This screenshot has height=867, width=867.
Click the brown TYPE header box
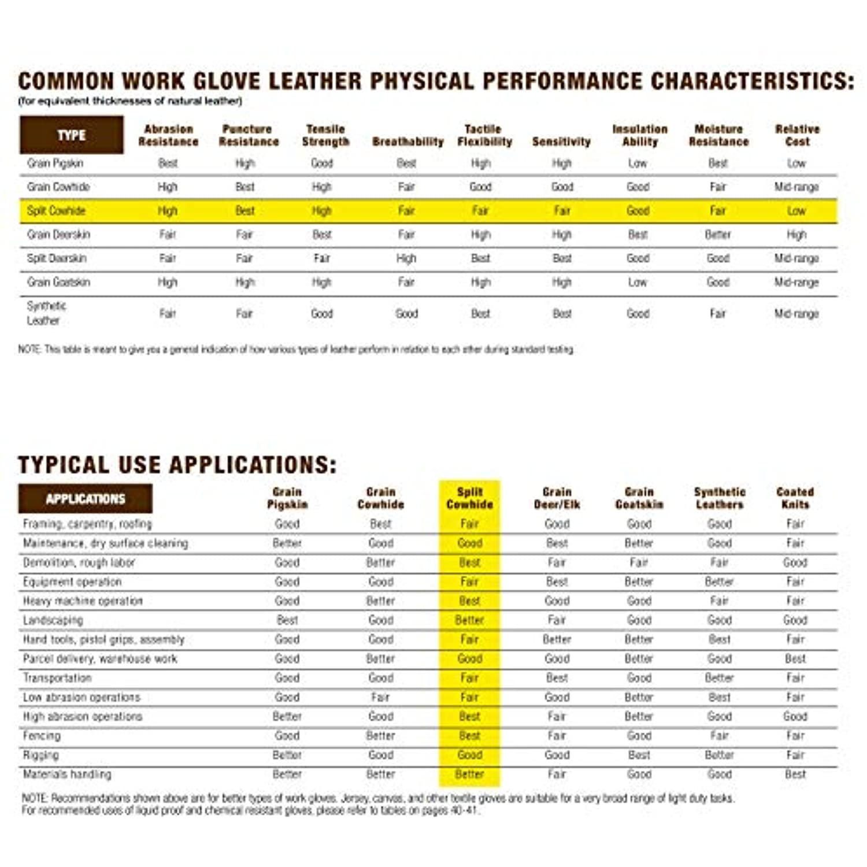point(71,135)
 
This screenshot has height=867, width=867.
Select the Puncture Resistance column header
point(248,135)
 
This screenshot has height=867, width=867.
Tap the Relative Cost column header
point(797,135)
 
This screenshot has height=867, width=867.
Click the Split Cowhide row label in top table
point(56,211)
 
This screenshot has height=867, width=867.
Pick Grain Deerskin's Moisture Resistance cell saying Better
point(718,235)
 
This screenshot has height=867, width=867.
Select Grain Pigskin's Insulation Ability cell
point(638,164)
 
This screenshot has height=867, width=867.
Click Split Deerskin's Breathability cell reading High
point(406,258)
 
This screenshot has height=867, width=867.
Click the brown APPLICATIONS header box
point(86,499)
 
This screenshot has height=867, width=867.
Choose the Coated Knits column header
point(795,498)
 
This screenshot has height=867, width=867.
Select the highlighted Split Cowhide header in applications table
point(469,498)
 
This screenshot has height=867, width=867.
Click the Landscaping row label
point(53,620)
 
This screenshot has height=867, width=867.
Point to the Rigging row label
point(40,755)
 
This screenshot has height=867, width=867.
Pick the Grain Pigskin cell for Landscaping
point(287,620)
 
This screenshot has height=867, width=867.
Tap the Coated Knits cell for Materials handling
point(795,774)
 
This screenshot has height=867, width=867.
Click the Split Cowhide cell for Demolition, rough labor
point(469,562)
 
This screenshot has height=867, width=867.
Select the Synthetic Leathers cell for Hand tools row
point(719,639)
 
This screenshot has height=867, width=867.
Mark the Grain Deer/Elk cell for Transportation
point(557,678)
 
